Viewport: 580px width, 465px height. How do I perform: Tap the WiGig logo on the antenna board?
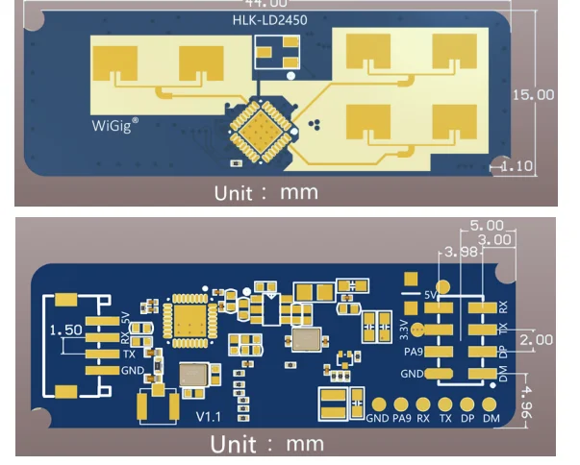pos(115,124)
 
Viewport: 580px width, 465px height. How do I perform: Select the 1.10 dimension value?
pos(517,166)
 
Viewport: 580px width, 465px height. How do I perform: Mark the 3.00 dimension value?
pos(495,238)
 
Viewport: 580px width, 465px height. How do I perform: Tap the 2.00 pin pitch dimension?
pos(537,340)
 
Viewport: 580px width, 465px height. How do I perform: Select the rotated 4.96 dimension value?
pos(532,398)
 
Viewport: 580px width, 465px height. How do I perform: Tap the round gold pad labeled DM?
pos(492,405)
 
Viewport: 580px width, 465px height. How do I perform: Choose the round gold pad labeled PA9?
pos(401,405)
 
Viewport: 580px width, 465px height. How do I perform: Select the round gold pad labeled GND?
pos(378,405)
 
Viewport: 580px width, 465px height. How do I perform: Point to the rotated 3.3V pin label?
pos(404,330)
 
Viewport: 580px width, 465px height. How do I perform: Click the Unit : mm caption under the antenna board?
pos(265,191)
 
